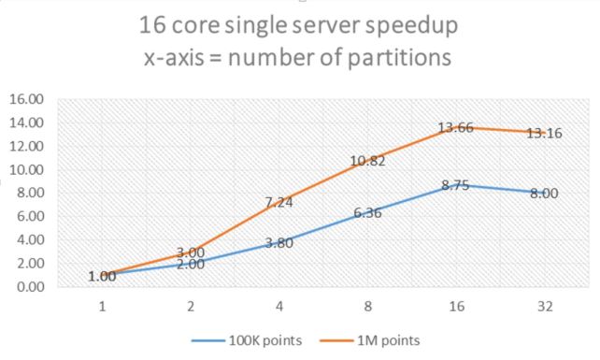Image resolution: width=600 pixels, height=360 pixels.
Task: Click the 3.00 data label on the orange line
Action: (x=190, y=252)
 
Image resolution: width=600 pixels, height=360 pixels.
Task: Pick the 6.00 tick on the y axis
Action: (x=29, y=216)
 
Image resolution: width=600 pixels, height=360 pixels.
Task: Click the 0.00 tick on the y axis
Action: (x=29, y=286)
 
